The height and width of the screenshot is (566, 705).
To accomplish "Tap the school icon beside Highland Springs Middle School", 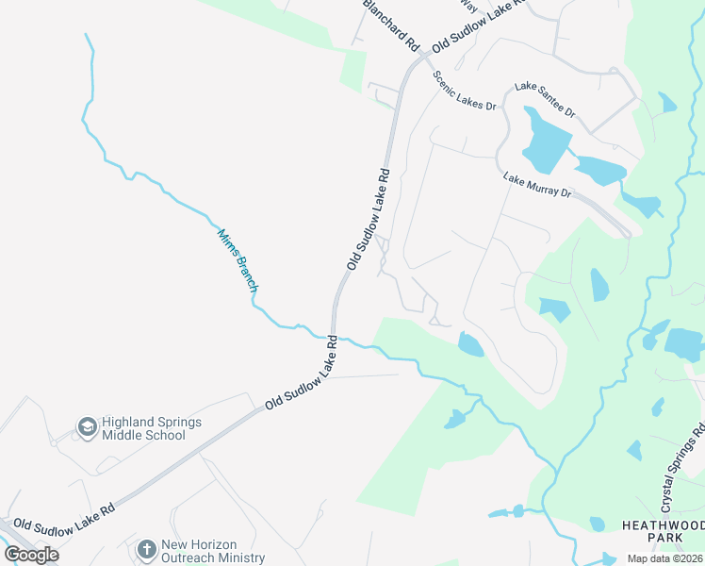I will [x=88, y=428].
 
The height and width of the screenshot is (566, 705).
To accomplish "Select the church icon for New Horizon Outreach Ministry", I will [x=146, y=549].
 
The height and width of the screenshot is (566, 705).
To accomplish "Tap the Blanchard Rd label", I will [x=390, y=25].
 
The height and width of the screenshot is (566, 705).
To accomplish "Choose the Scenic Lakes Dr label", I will [x=464, y=92].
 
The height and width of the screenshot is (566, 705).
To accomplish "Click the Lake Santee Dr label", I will [x=545, y=100].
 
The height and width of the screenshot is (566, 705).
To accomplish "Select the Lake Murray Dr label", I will [x=537, y=185].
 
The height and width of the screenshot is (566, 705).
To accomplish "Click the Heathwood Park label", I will [x=662, y=530].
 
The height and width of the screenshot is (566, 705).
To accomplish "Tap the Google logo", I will [x=31, y=554].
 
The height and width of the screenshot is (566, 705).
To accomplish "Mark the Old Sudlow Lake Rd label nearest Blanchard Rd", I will [x=477, y=26].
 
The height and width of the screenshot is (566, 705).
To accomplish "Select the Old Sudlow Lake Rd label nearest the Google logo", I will [x=64, y=519].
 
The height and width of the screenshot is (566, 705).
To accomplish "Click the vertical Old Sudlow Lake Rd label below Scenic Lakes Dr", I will [x=369, y=219].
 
